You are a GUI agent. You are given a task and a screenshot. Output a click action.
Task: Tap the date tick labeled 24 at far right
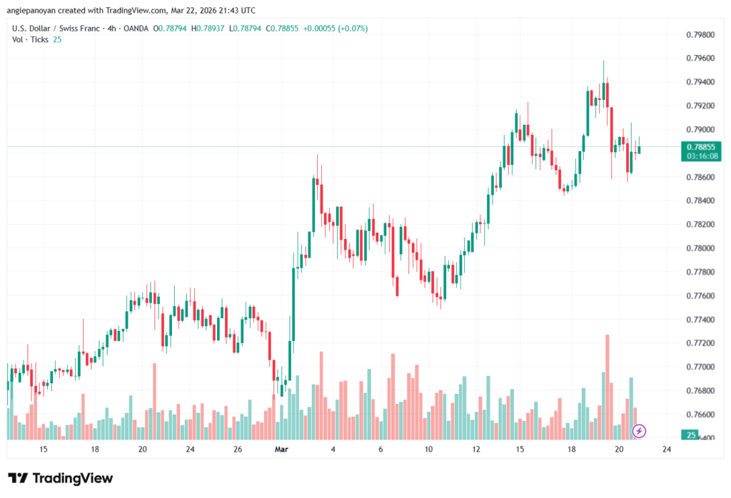pos(667,449)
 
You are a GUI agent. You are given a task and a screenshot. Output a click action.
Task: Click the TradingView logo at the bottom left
pos(60,478)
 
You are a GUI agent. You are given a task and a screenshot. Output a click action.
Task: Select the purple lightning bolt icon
pos(640,430)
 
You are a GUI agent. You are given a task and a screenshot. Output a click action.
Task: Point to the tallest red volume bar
pos(608,385)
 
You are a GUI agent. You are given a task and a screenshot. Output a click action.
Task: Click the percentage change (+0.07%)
pos(353,28)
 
